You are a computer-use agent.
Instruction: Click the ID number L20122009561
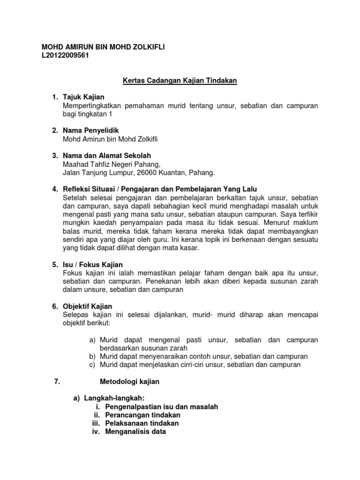tap(65, 55)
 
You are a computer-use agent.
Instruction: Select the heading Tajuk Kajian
tap(84, 97)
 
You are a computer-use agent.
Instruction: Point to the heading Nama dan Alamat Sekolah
tap(107, 156)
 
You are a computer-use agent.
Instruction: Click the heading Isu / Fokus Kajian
tap(93, 265)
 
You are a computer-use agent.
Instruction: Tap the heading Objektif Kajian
tap(88, 306)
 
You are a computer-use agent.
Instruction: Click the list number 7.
tap(58, 382)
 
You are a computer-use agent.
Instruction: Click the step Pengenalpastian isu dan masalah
tap(162, 407)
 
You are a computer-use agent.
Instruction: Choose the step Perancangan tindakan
tap(142, 415)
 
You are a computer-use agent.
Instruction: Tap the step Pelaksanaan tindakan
tap(142, 423)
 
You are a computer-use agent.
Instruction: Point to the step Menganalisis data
tap(135, 432)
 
